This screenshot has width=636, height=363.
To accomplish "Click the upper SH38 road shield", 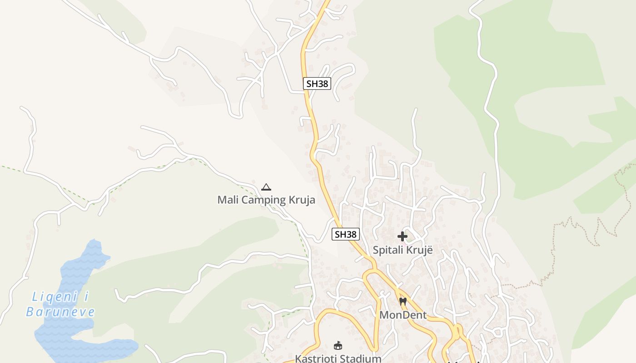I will pyautogui.click(x=317, y=83).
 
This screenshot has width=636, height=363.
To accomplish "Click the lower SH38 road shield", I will pyautogui.click(x=346, y=234).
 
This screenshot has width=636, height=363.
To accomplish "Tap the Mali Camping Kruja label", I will pyautogui.click(x=266, y=200).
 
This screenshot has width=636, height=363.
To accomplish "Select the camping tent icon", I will pyautogui.click(x=266, y=187).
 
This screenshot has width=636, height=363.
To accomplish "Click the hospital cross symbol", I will pyautogui.click(x=402, y=236).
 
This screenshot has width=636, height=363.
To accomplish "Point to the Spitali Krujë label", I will pyautogui.click(x=403, y=250).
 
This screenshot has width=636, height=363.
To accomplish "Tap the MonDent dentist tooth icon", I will pyautogui.click(x=403, y=301).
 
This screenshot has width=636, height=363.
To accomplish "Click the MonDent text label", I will pyautogui.click(x=403, y=315).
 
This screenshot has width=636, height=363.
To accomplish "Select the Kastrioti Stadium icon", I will pyautogui.click(x=338, y=345).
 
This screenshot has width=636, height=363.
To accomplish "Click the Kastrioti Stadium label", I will pyautogui.click(x=338, y=358).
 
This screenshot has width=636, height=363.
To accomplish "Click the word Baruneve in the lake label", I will pyautogui.click(x=60, y=312).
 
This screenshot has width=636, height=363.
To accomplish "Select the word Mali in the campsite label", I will pyautogui.click(x=227, y=200).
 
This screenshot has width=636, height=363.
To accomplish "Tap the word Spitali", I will pyautogui.click(x=389, y=250).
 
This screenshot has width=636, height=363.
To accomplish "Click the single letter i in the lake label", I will pyautogui.click(x=86, y=297).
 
